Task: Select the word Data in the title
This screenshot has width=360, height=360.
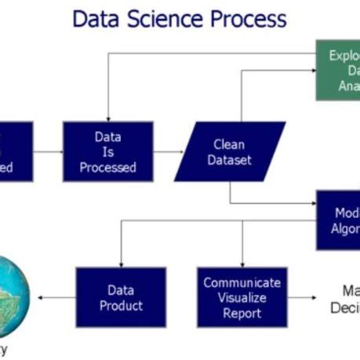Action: coord(97,18)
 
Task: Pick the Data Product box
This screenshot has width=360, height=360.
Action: coord(121,296)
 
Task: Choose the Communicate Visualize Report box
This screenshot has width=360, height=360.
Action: coord(242,296)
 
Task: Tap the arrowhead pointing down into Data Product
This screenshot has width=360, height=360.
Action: coord(121,263)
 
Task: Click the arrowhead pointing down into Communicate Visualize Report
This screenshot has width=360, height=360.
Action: coord(242,263)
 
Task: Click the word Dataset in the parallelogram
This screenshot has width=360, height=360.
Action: coord(232,160)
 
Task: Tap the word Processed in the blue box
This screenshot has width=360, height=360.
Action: coord(107,167)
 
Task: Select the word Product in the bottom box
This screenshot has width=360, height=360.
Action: coord(121,305)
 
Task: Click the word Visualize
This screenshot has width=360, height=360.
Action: coord(242,296)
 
